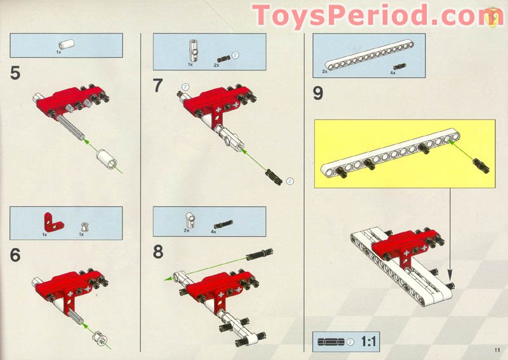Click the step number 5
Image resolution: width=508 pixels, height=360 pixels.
pos(15,73)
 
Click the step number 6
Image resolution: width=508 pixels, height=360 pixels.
pos(15,255)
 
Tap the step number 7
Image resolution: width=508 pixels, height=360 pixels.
pos(159,86)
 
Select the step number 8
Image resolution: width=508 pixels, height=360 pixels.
pos(159,252)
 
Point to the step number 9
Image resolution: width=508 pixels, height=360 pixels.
pos(317,93)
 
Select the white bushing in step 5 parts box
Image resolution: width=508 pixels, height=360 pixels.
pos(65,44)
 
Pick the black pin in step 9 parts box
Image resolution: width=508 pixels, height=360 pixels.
pos(398,67)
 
